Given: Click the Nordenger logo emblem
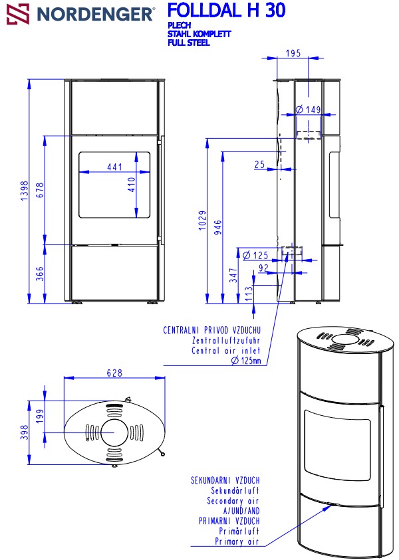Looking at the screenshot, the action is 18,14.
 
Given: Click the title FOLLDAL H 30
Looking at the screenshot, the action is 227,11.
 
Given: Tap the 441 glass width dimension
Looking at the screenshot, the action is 115,167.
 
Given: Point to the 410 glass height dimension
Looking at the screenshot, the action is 132,185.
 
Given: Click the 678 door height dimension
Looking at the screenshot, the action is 40,190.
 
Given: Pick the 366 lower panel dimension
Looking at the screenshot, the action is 40,274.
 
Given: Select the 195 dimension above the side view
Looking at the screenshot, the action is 293,53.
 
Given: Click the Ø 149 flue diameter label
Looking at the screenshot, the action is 308,110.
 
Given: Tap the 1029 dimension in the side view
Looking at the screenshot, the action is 203,220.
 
